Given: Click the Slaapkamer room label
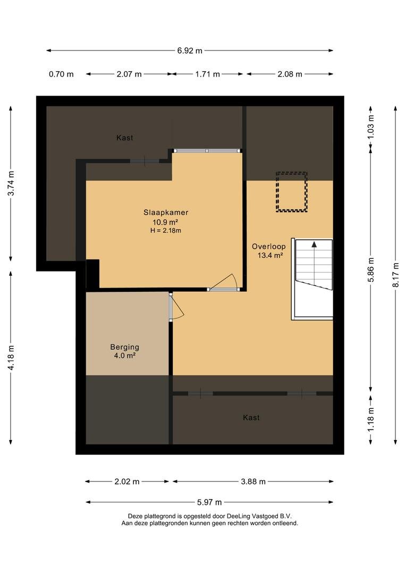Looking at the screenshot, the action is tap(166, 212).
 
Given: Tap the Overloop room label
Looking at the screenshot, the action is tap(269, 247).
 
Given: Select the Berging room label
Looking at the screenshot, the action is tap(125, 347).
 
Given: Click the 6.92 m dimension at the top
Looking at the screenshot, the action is tap(190, 51).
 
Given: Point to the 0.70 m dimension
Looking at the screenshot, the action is tap(61, 74).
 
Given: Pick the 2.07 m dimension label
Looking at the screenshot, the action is tap(129, 74).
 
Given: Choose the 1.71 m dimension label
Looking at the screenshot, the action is tap(208, 74).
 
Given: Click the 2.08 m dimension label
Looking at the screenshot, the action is tap(290, 74).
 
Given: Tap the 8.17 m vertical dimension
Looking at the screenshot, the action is tap(396, 275).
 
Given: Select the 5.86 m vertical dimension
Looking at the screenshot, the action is tap(371, 270).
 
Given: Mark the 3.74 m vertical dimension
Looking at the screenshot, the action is tap(11, 183).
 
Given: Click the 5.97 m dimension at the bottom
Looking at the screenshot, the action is tap(209, 502).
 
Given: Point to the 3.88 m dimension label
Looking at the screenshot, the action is tap(253, 482).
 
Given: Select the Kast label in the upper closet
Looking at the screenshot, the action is tap(124, 138).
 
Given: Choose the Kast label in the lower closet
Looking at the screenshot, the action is tap(251, 418).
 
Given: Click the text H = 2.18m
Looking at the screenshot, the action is tap(165, 231).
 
